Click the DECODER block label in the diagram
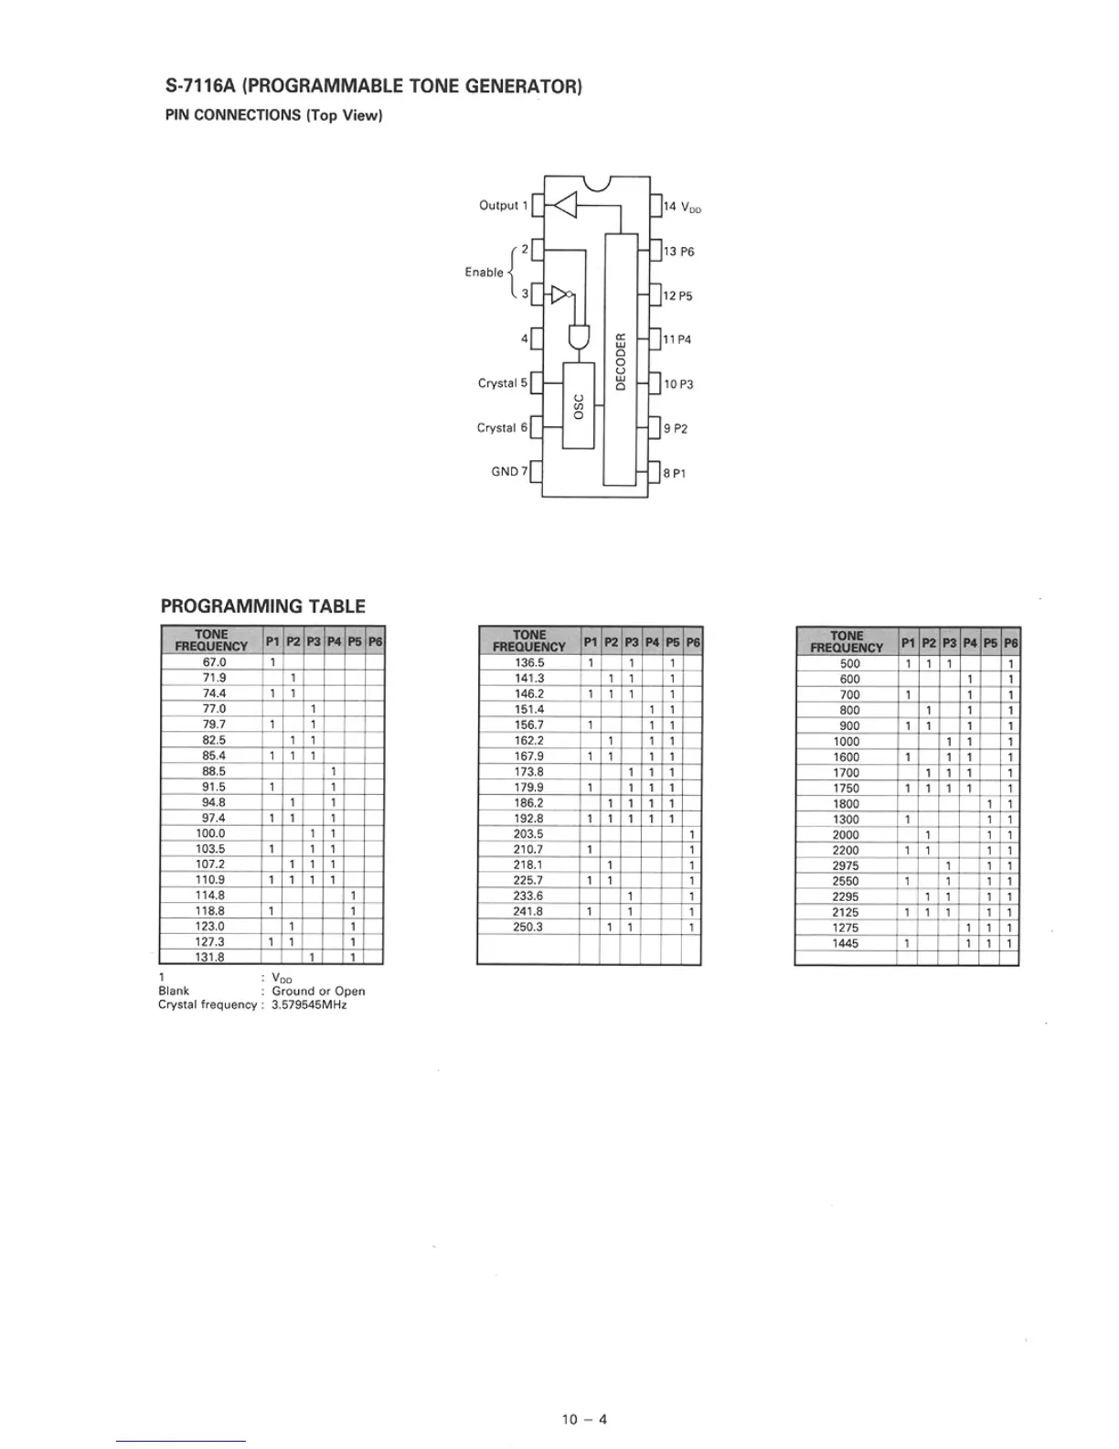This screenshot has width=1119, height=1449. [621, 361]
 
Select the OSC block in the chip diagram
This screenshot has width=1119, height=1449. [579, 406]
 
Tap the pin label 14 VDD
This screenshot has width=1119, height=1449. [682, 207]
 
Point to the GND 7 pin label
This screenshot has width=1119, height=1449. [510, 471]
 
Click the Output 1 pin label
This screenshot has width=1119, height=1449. [504, 206]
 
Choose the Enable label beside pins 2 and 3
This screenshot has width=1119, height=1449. [484, 273]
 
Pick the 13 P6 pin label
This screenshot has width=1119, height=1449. [678, 252]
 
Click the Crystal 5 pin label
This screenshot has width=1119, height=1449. [503, 383]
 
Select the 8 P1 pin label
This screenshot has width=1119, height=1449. [675, 473]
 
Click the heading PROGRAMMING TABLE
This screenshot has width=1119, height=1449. [262, 606]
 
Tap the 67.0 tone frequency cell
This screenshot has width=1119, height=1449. [214, 662]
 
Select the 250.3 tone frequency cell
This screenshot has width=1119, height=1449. [528, 927]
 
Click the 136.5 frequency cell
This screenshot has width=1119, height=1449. [529, 662]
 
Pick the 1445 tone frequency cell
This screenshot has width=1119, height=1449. [846, 943]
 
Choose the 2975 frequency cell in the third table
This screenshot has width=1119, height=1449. [846, 865]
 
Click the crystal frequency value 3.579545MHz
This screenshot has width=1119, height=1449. [309, 1004]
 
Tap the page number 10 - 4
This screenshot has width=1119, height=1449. [585, 1419]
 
